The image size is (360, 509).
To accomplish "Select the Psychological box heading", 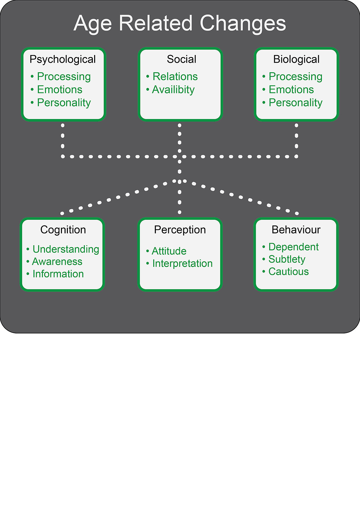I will [x=63, y=59].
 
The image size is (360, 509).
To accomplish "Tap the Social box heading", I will [x=182, y=59].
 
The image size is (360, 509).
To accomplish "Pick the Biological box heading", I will [x=296, y=59].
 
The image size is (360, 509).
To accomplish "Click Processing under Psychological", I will [x=64, y=77].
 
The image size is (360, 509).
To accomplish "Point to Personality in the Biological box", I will [x=295, y=103].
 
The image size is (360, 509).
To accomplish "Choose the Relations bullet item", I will [x=175, y=77].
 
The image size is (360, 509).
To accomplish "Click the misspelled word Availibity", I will [x=173, y=90].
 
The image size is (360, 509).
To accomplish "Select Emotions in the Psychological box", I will [x=60, y=90].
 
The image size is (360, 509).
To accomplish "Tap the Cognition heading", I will [x=63, y=230].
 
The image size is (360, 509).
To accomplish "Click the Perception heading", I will [x=180, y=230].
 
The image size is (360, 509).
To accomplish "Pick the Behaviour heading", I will [x=296, y=230].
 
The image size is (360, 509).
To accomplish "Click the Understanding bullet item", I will [x=66, y=249].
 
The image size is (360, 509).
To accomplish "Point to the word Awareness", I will [x=57, y=262].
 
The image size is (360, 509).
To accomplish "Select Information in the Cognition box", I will [x=58, y=274].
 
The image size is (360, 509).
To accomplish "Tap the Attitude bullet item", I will [x=169, y=251].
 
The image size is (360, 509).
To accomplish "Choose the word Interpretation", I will [x=183, y=263].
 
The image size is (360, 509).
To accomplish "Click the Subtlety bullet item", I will [x=287, y=259].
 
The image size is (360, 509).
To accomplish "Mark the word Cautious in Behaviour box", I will [x=289, y=272].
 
